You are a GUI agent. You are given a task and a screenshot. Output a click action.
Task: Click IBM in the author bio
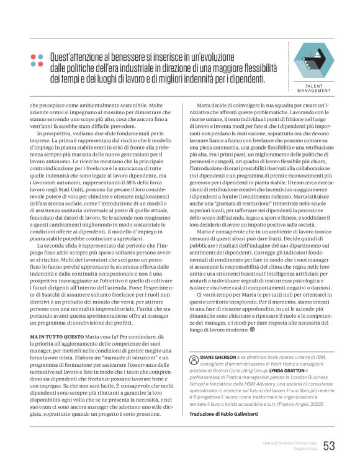click(317, 358)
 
